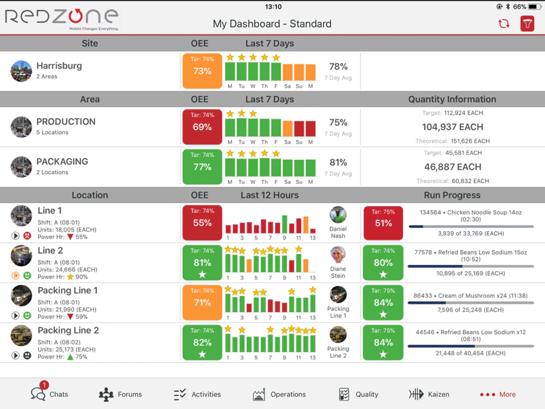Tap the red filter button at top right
click(527, 24)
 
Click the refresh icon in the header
click(504, 24)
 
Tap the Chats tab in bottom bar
click(50, 394)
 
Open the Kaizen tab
click(429, 394)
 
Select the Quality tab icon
click(344, 394)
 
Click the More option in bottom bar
click(498, 394)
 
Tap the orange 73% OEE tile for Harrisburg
click(202, 71)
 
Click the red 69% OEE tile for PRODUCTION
click(202, 127)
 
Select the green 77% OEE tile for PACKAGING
click(202, 167)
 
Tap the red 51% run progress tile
click(383, 223)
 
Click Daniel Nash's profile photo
click(338, 215)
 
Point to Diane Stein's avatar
click(338, 255)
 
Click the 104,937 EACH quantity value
click(452, 127)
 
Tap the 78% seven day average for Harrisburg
click(338, 67)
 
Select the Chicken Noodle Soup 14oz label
click(471, 212)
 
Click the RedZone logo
click(62, 18)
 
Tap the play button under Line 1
click(16, 236)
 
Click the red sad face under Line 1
click(27, 236)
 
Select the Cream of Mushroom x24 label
click(471, 296)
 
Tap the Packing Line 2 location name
click(68, 330)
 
